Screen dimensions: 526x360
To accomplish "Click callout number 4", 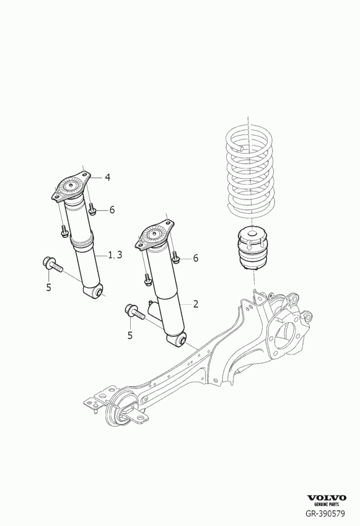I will (107, 178).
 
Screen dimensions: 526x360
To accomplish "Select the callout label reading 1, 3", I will (116, 255).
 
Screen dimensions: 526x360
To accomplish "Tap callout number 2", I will (195, 304).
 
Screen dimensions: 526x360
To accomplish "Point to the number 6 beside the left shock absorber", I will (112, 210).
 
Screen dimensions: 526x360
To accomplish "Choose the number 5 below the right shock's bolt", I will (130, 335).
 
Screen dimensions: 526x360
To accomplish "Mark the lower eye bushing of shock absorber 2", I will (180, 339).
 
